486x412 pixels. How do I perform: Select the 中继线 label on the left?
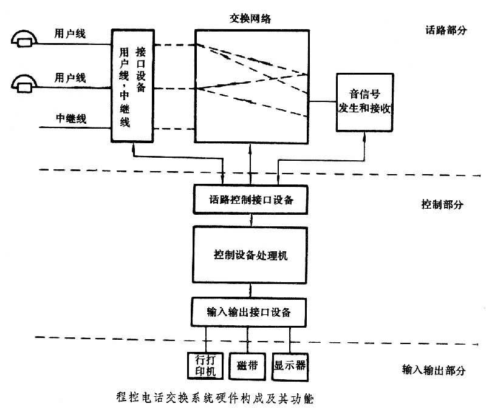pyautogui.click(x=71, y=119)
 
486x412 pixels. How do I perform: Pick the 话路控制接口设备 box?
pyautogui.click(x=251, y=200)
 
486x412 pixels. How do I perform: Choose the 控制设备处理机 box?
pyautogui.click(x=250, y=254)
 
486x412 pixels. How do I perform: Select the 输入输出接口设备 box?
pyautogui.click(x=249, y=312)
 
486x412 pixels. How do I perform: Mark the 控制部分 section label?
pyautogui.click(x=442, y=204)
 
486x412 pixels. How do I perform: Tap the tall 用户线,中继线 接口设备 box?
pyautogui.click(x=132, y=84)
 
